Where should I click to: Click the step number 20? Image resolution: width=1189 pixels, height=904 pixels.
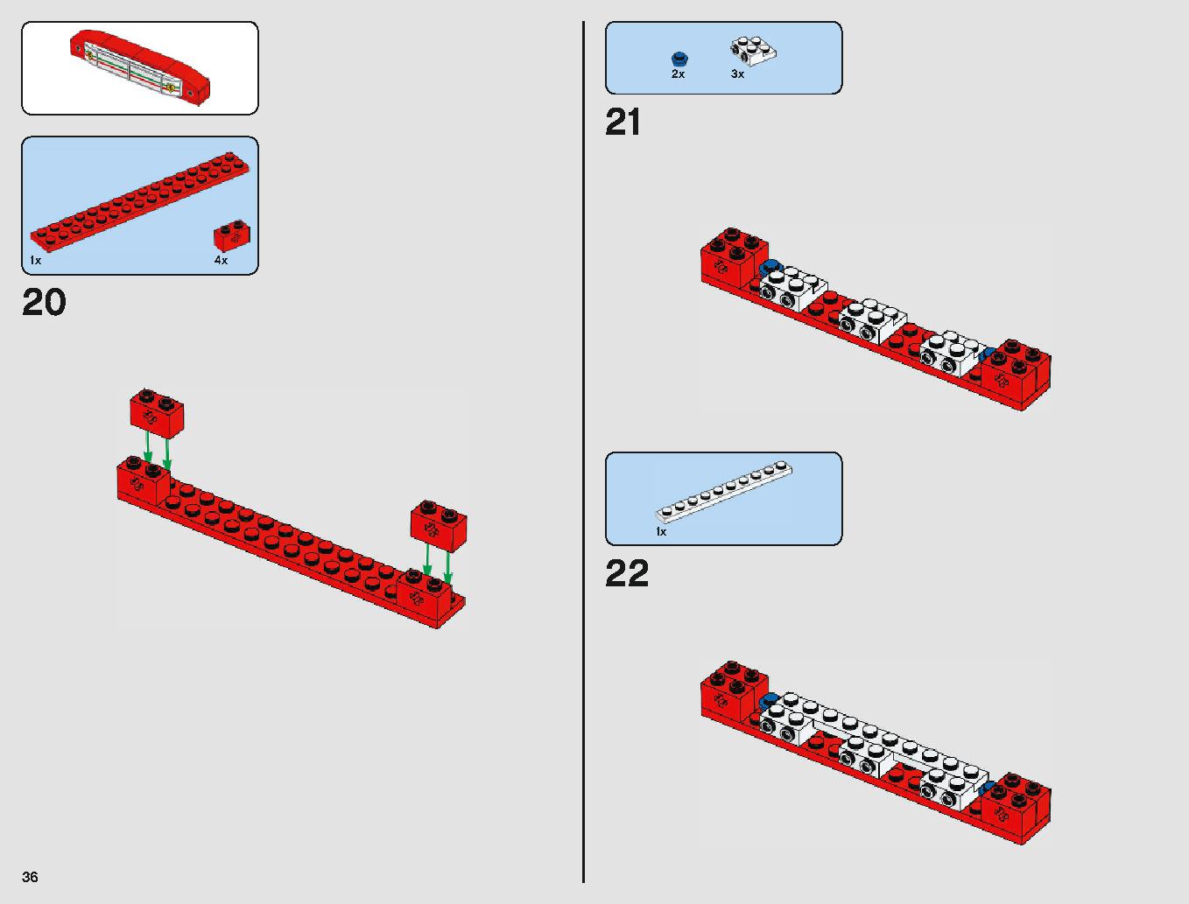(44, 302)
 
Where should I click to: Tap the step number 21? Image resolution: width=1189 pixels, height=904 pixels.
(623, 122)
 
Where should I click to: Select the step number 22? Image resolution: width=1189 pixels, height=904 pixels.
(627, 573)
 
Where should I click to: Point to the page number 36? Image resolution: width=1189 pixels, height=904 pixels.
(30, 877)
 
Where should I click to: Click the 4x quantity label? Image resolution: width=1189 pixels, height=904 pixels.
(221, 261)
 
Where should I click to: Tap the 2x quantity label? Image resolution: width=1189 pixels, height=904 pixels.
(679, 74)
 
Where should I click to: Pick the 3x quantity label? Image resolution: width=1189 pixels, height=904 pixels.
(737, 74)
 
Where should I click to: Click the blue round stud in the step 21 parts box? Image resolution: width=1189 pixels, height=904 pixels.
(679, 59)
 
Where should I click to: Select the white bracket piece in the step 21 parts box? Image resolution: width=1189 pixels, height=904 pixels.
(753, 51)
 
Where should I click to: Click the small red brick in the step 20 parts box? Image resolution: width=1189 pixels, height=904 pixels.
(232, 235)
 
